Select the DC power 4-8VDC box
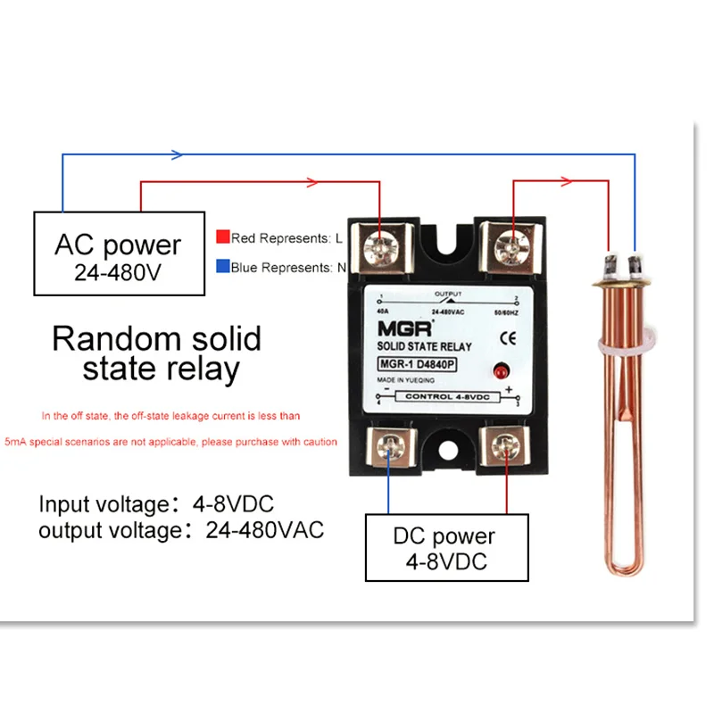click(444, 548)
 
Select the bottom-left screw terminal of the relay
click(390, 446)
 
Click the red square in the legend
click(223, 237)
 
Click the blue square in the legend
click(223, 267)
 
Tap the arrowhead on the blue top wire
click(176, 154)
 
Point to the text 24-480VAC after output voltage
click(265, 529)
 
